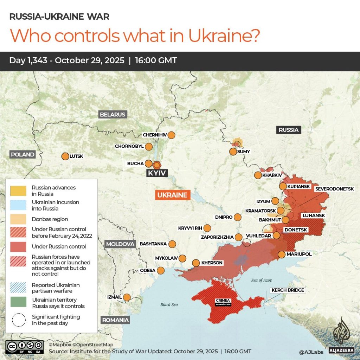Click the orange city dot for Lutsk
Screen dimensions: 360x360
click(x=65, y=156)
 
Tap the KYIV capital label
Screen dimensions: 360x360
click(x=157, y=173)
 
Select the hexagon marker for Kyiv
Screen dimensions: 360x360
click(x=156, y=164)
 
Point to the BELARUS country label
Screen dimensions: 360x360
click(x=112, y=115)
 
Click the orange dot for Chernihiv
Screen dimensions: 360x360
click(x=171, y=135)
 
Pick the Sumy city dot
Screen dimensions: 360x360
click(x=233, y=152)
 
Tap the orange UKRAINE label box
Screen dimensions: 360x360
click(x=172, y=195)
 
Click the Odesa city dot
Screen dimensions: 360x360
click(x=161, y=270)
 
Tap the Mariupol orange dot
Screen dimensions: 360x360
click(x=281, y=254)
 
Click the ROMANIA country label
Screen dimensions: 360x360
click(x=115, y=320)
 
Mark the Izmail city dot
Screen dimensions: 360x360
click(x=127, y=297)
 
